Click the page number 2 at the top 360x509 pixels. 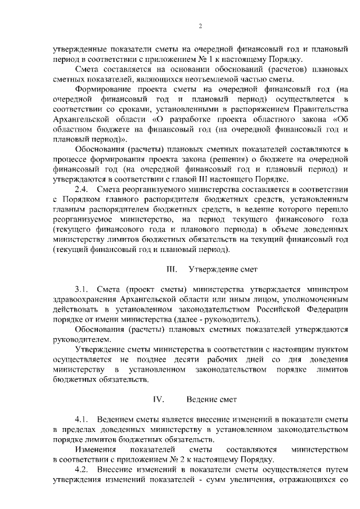(x=200, y=26)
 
